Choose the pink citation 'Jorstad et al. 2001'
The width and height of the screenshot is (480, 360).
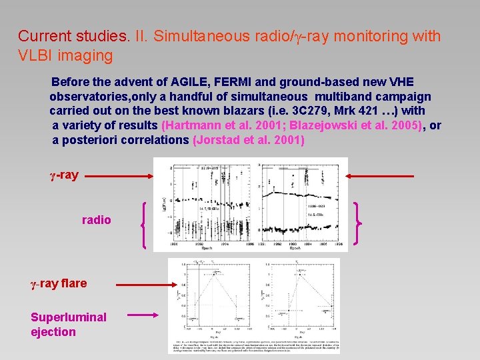248,140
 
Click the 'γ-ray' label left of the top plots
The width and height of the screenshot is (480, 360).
64,175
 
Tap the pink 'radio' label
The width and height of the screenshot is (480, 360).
97,220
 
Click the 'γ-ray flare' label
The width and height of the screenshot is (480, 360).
59,283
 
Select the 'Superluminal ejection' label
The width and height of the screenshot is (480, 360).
68,324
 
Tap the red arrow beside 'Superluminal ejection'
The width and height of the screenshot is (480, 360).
141,316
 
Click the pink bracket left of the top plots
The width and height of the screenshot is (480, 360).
145,225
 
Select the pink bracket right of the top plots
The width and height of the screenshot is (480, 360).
359,223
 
